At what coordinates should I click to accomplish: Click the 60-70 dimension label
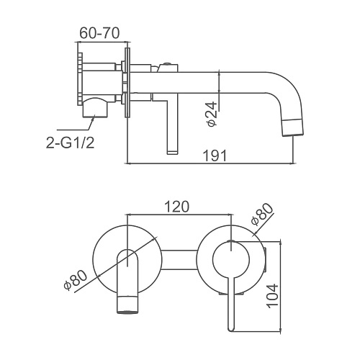tap(99, 33)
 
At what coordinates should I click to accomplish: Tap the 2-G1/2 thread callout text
tap(70, 143)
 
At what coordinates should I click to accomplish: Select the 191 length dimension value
tap(215, 156)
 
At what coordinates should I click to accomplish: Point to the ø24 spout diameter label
tap(212, 114)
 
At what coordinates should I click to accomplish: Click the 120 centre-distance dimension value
tap(177, 207)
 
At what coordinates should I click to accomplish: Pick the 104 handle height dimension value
tap(272, 296)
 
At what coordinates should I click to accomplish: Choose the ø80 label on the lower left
tap(76, 279)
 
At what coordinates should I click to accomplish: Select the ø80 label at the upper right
tap(261, 215)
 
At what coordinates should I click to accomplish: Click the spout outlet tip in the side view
tap(293, 135)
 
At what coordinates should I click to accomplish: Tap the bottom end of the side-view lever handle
tap(172, 152)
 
